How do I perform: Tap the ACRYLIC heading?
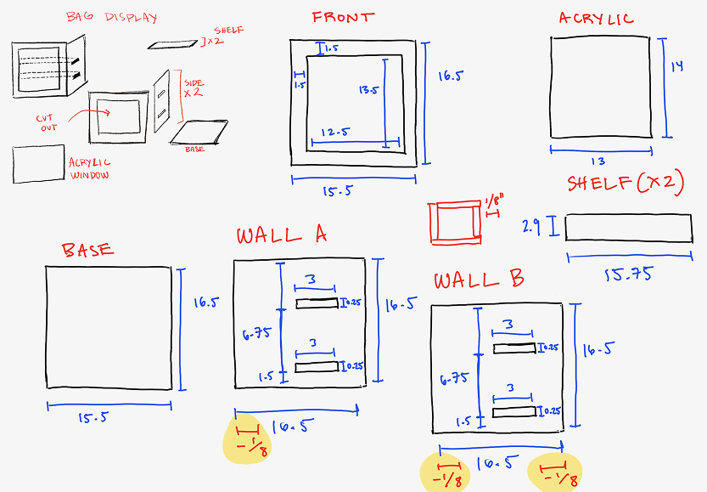click(x=596, y=19)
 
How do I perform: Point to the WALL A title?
click(x=281, y=235)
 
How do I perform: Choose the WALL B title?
click(x=479, y=280)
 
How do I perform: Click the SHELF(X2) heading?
click(x=625, y=183)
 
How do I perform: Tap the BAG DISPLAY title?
click(x=111, y=17)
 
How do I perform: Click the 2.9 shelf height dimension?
click(x=530, y=226)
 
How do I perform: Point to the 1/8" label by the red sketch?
click(x=495, y=201)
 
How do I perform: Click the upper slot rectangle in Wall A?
click(x=317, y=304)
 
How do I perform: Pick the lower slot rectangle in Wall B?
click(x=514, y=411)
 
